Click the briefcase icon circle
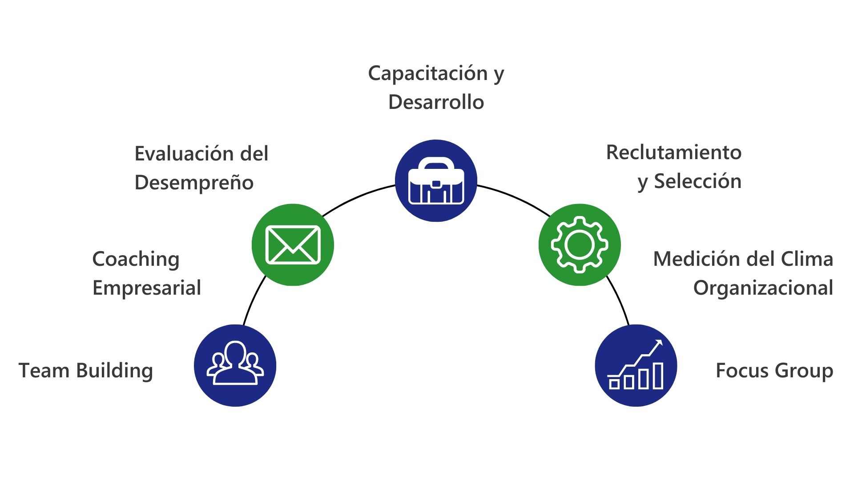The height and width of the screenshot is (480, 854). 436,180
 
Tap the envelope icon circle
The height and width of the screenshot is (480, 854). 293,245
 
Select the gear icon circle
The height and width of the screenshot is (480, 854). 579,245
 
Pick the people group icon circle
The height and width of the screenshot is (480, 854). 235,365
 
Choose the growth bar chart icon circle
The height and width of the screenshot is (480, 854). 636,365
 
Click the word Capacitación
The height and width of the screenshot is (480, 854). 428,74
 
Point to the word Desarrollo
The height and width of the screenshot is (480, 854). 436,102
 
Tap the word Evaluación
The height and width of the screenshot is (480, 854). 184,154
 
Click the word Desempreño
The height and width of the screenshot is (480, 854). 194,183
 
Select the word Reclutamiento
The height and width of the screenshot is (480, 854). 673,152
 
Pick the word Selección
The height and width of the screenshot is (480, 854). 697,181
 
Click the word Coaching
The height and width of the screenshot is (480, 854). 136,260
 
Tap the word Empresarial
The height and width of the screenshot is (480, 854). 147,288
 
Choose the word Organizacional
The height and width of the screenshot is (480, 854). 763,288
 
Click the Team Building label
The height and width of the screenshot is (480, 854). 86,371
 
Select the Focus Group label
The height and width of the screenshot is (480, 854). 774,371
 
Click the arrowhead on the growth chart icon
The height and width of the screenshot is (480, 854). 659,343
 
